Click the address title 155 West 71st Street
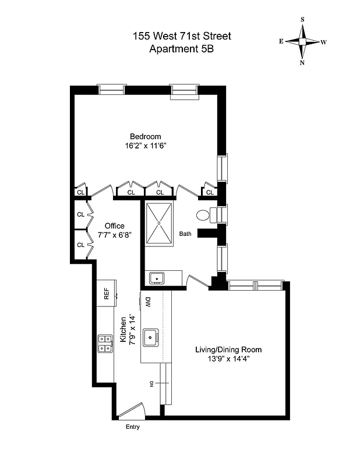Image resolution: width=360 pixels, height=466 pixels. tap(182, 36)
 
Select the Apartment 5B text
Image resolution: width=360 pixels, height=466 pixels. tap(182, 49)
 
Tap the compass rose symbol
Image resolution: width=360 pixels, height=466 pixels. tap(302, 41)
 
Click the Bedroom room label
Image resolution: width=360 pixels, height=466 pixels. tap(145, 136)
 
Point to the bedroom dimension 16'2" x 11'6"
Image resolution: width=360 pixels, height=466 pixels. tap(145, 146)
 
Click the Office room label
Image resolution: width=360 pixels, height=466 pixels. tap(115, 226)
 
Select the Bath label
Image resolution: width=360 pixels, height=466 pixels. tap(185, 234)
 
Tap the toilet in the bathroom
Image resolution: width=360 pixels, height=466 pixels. tap(204, 215)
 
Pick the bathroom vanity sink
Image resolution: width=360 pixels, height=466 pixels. tap(156, 278)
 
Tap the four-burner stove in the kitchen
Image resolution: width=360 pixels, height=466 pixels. tap(105, 344)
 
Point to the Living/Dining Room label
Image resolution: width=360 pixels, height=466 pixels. tap(228, 349)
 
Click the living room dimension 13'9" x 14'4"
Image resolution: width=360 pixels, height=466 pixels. tap(228, 359)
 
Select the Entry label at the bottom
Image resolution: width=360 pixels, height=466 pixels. tap(132, 427)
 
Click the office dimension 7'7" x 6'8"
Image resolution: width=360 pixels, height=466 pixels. tap(115, 236)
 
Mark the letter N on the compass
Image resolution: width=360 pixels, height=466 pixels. tap(302, 63)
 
